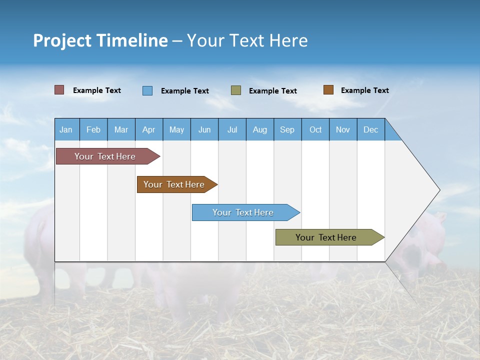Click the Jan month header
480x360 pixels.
[x=66, y=129]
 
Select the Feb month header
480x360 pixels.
[x=93, y=129]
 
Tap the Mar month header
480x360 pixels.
[x=121, y=129]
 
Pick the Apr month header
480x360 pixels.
[x=149, y=129]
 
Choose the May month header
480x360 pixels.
[x=176, y=129]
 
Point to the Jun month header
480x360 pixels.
[x=204, y=129]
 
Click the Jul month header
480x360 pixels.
[x=232, y=129]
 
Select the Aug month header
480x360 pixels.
[x=260, y=129]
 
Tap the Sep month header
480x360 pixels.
[x=287, y=129]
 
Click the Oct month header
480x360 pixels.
[x=315, y=129]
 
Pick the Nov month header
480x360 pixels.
[x=343, y=129]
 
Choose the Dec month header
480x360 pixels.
[x=371, y=129]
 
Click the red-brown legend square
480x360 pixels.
[x=59, y=90]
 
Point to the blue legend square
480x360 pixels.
[x=147, y=90]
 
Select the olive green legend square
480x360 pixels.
[x=236, y=90]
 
